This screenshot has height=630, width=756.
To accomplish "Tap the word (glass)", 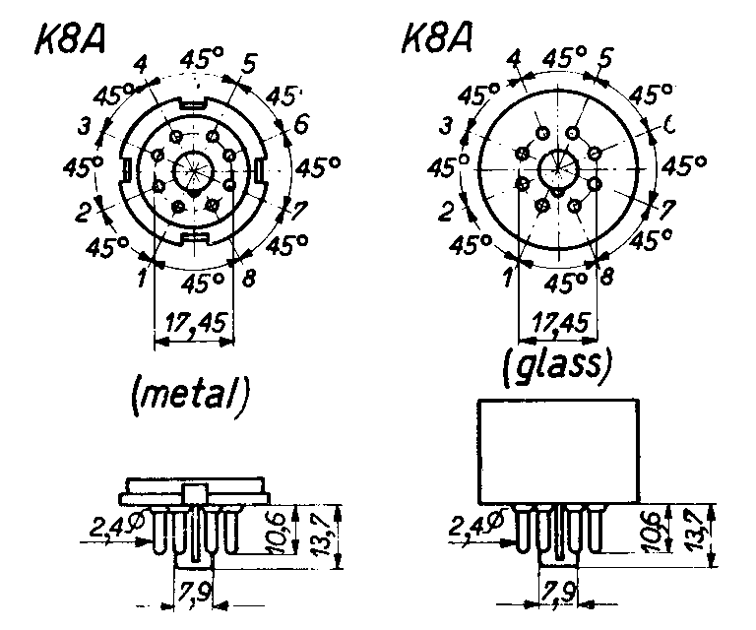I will pyautogui.click(x=557, y=366).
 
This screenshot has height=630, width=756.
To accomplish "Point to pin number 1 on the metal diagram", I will pyautogui.click(x=144, y=278).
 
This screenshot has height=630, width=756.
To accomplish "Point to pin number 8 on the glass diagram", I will pyautogui.click(x=606, y=277).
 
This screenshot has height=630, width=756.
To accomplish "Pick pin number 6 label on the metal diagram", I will pyautogui.click(x=300, y=124).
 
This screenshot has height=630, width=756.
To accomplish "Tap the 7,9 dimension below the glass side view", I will pyautogui.click(x=558, y=596).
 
